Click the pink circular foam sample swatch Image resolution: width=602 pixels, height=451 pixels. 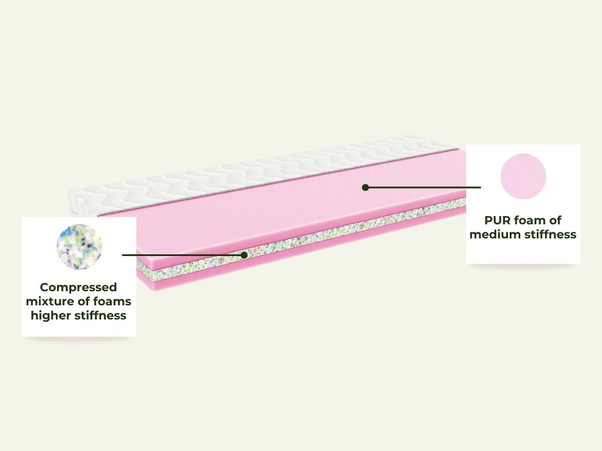[x=523, y=176]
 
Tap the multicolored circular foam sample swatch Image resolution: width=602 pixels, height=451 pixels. [x=79, y=247]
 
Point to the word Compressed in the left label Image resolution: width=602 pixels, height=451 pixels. [x=78, y=288]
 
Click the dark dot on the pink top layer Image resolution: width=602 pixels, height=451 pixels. [x=366, y=187]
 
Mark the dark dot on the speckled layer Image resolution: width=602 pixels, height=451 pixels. [x=244, y=255]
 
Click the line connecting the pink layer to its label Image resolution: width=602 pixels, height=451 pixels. [x=423, y=187]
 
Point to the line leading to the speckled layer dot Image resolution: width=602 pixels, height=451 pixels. [x=183, y=255]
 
